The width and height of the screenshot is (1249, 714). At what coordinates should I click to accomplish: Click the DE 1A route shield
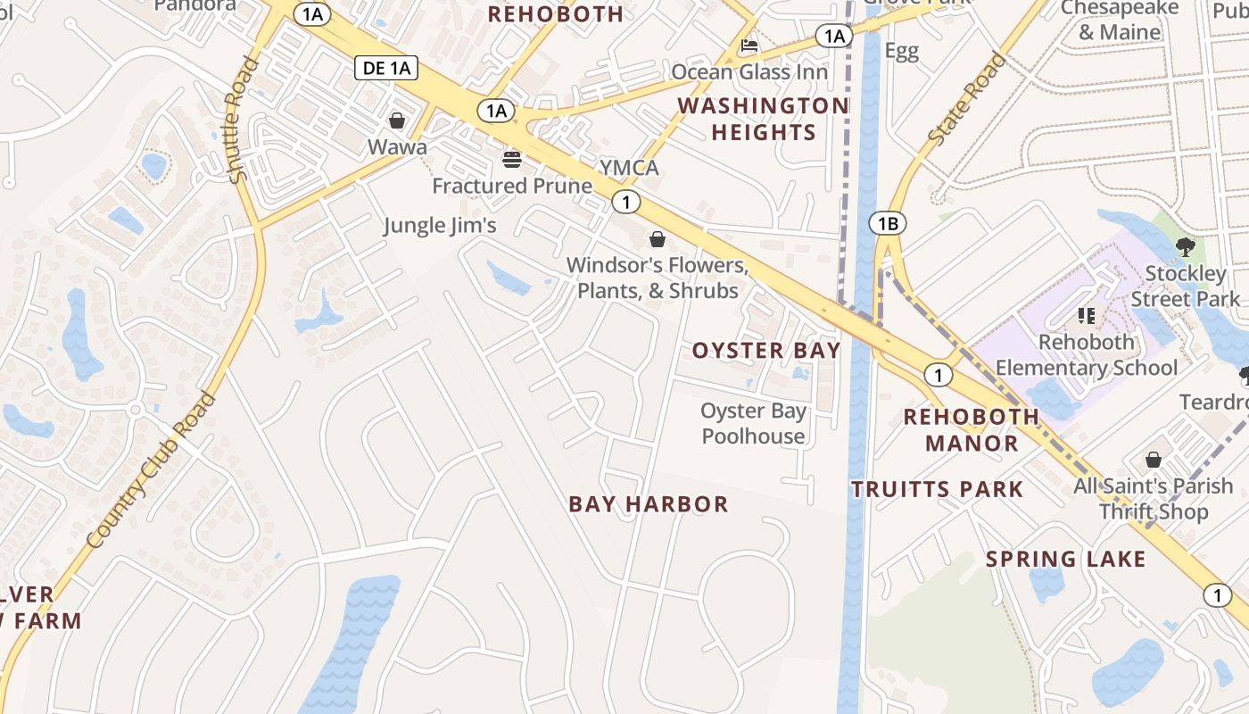click(x=386, y=68)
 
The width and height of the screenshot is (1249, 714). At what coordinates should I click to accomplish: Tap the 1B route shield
click(x=888, y=223)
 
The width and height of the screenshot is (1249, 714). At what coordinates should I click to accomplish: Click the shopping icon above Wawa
click(x=397, y=120)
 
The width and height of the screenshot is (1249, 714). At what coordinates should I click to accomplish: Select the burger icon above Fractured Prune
click(x=512, y=160)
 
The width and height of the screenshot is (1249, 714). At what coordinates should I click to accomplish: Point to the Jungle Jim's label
click(x=440, y=225)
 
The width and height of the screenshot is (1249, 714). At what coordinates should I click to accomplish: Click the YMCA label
click(x=629, y=168)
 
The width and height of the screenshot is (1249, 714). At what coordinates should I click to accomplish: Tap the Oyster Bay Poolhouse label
click(x=754, y=423)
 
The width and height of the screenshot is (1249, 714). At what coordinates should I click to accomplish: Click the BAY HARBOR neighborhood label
click(x=649, y=504)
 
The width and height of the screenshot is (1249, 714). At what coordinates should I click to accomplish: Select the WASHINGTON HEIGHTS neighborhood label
click(x=763, y=119)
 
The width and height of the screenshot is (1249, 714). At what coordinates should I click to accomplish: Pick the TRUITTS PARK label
click(x=937, y=489)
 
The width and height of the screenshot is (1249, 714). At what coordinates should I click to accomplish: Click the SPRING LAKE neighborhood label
click(x=1065, y=560)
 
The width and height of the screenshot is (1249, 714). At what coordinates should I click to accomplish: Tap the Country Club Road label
click(x=153, y=469)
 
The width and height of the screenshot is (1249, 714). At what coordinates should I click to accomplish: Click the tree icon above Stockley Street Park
click(x=1185, y=247)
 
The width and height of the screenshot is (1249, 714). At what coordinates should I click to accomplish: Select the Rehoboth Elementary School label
click(x=1087, y=354)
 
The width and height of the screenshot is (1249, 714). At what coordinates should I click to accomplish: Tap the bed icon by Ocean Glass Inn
click(x=749, y=46)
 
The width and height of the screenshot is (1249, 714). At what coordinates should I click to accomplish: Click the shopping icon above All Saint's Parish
click(x=1154, y=461)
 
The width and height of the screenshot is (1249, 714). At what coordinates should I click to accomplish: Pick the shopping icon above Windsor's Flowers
click(x=658, y=239)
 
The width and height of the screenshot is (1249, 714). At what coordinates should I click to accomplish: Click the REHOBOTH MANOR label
click(x=972, y=429)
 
